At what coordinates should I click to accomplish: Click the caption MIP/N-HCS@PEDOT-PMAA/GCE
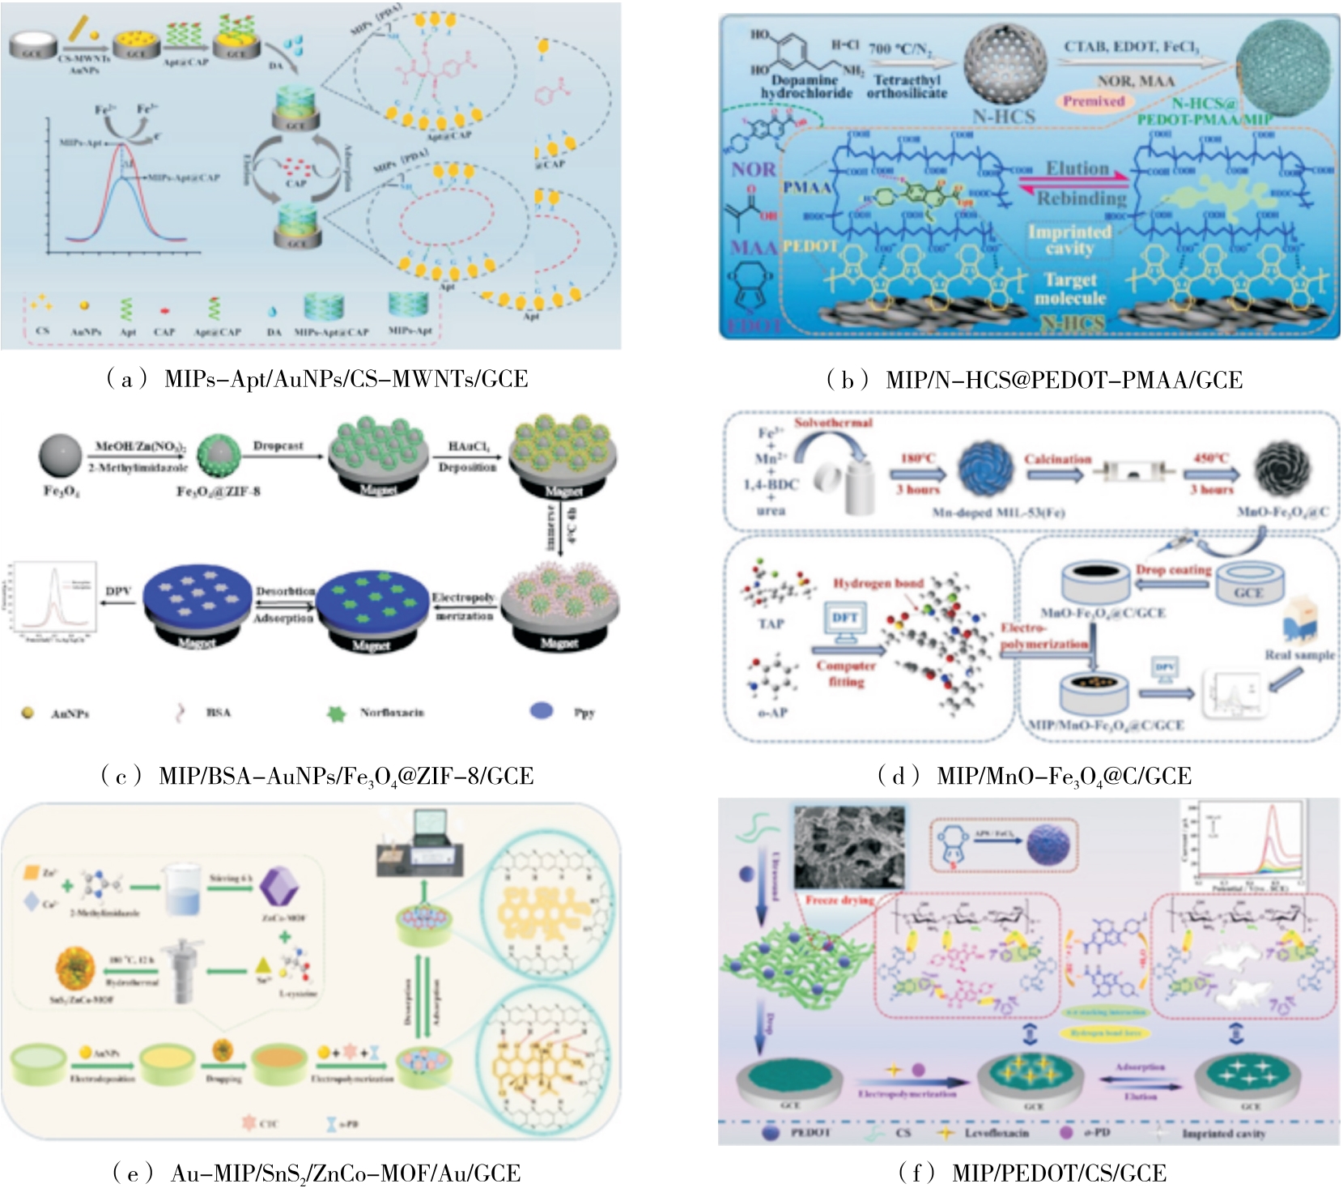1034,380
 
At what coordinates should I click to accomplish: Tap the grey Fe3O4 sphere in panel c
61,455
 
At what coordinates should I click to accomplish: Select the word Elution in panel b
1077,169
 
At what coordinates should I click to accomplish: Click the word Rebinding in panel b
1082,198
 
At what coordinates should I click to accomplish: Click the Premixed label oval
1093,101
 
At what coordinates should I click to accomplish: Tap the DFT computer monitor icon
844,622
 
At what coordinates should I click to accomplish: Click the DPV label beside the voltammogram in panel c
118,592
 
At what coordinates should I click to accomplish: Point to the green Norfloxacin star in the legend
336,713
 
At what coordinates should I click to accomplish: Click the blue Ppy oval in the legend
541,711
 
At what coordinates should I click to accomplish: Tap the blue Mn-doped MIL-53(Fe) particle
985,470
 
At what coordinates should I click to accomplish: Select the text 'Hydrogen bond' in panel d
878,583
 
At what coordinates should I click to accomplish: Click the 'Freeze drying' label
839,900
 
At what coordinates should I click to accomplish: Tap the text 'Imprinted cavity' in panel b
1069,240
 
